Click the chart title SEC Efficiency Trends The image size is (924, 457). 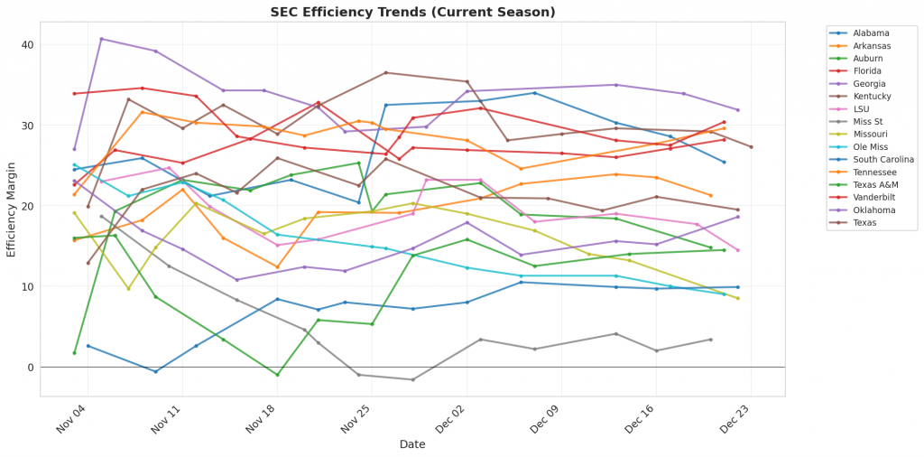coord(412,12)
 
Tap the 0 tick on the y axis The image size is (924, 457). coord(31,368)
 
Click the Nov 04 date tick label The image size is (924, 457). coord(73,420)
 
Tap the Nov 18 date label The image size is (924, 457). coord(263,420)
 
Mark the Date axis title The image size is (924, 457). coord(412,444)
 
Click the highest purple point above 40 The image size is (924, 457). coord(101,39)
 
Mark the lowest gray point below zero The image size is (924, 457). coord(412,379)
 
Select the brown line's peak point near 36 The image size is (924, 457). coord(385,73)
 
